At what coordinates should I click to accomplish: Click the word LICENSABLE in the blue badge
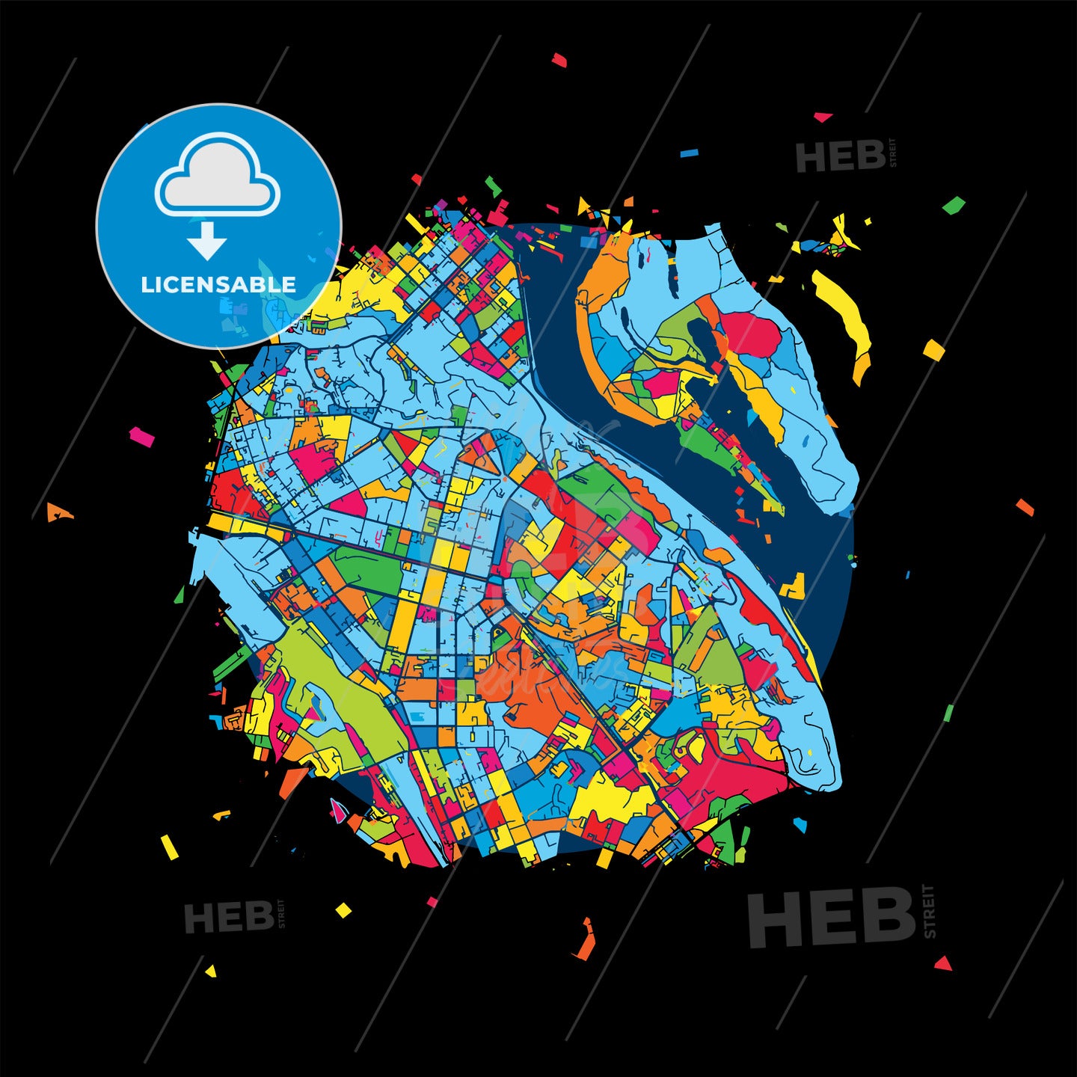218,285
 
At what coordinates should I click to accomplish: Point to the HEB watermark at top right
841,157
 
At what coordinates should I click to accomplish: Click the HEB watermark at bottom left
229,917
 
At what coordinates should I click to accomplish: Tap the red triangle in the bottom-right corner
943,963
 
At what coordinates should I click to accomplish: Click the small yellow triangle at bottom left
211,972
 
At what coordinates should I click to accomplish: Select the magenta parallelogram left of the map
141,436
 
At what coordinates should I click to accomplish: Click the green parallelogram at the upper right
954,205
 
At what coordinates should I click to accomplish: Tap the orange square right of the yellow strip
933,349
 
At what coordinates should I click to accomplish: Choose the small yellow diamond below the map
343,909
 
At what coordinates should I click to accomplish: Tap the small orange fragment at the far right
1025,507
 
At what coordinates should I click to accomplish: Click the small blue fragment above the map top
689,153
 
